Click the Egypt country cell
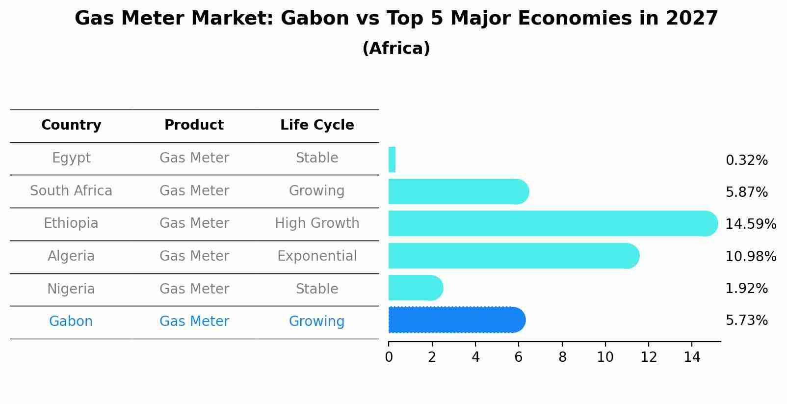pyautogui.click(x=71, y=158)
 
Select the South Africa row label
pyautogui.click(x=71, y=191)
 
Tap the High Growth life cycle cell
pyautogui.click(x=317, y=223)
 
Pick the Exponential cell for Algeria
pyautogui.click(x=317, y=256)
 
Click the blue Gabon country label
pyautogui.click(x=71, y=322)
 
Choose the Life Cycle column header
pyautogui.click(x=317, y=125)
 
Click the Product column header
pyautogui.click(x=194, y=125)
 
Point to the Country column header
pyautogui.click(x=71, y=125)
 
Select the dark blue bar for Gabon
pyautogui.click(x=456, y=320)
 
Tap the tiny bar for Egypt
pyautogui.click(x=392, y=160)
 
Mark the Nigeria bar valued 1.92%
pyautogui.click(x=415, y=288)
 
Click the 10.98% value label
pyautogui.click(x=751, y=257)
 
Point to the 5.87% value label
pyautogui.click(x=746, y=192)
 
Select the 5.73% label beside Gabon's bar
pyautogui.click(x=746, y=321)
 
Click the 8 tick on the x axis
pyautogui.click(x=562, y=357)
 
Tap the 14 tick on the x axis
pyautogui.click(x=692, y=357)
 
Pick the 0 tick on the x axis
pyautogui.click(x=389, y=357)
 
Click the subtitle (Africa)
pyautogui.click(x=396, y=49)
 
